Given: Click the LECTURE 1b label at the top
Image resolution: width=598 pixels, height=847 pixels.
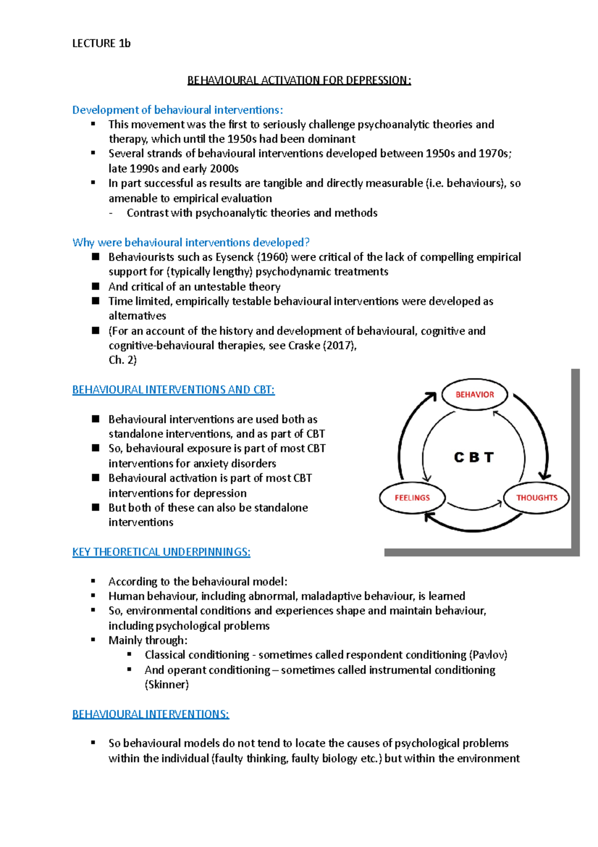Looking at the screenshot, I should pyautogui.click(x=101, y=43).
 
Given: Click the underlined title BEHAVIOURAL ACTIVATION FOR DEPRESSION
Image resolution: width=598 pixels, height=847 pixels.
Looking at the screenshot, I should pyautogui.click(x=299, y=80).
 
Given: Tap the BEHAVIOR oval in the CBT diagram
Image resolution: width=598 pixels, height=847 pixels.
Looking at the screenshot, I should pyautogui.click(x=474, y=395).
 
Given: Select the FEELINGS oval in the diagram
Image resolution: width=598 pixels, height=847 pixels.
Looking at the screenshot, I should pyautogui.click(x=412, y=498).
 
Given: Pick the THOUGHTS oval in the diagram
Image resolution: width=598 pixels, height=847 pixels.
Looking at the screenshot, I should pyautogui.click(x=536, y=498).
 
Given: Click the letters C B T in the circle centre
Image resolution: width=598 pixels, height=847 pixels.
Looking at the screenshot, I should pyautogui.click(x=474, y=457).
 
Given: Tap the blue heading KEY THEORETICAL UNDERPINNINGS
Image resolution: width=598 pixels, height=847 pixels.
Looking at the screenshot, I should pyautogui.click(x=161, y=552).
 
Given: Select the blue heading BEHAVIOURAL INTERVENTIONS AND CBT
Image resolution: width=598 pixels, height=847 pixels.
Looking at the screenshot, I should pyautogui.click(x=173, y=390).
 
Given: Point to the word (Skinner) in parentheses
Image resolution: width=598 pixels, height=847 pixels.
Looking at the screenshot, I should pyautogui.click(x=166, y=684).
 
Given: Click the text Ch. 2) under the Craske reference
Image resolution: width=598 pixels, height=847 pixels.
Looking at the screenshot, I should pyautogui.click(x=123, y=360).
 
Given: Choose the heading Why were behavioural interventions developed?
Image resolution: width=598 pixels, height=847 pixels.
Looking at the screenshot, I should pyautogui.click(x=191, y=242).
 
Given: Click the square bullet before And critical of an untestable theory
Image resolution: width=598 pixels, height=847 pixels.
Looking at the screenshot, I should pyautogui.click(x=96, y=286).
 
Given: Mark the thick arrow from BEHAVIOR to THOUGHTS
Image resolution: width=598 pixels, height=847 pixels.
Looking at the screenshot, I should pyautogui.click(x=538, y=431).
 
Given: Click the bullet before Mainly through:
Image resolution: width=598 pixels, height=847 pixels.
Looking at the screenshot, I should pyautogui.click(x=93, y=640).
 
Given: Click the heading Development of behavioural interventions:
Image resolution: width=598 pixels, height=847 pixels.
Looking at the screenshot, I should pyautogui.click(x=177, y=110).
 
